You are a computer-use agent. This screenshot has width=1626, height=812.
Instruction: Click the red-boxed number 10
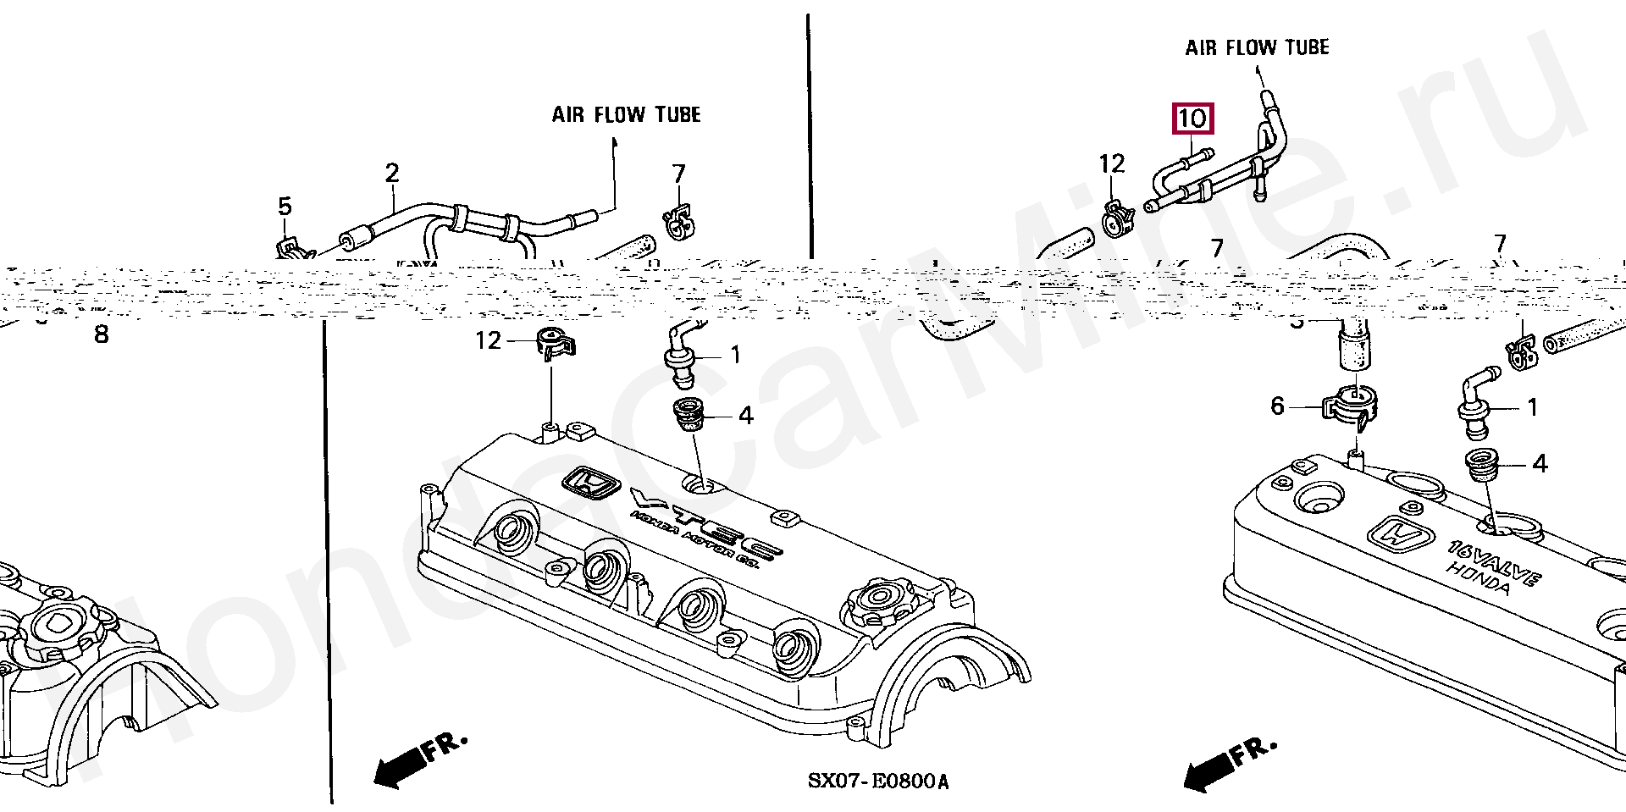coord(1192,119)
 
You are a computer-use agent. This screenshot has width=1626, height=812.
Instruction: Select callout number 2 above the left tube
coord(392,174)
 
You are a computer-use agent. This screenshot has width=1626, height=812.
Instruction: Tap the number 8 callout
coord(102,335)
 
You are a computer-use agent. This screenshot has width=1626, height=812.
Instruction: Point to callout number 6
coord(1278,406)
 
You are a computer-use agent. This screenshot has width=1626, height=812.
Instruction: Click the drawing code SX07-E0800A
coord(878,781)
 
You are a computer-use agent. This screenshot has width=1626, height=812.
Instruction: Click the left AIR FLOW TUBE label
coord(626,114)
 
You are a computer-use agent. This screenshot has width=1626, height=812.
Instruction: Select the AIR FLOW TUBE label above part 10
coord(1257,48)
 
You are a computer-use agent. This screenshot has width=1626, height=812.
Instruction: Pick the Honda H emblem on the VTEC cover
coord(590,485)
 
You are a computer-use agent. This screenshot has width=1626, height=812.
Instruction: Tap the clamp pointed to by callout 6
coord(1351,407)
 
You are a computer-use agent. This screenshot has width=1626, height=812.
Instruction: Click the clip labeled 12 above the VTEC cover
coord(554,342)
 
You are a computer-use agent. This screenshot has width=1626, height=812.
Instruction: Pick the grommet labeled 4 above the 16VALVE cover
coord(1483,465)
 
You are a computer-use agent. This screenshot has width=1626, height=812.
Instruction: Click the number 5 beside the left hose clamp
coord(285,207)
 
